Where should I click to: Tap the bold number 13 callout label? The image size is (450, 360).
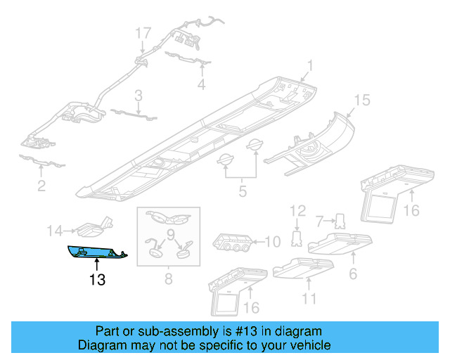97,280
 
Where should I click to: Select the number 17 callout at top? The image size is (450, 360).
143,33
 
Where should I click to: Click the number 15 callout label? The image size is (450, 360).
361,101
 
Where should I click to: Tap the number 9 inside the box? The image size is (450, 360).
169,233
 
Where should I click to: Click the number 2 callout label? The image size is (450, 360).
41,186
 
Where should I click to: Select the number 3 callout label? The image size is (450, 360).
139,95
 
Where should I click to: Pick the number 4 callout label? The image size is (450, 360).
201,85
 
